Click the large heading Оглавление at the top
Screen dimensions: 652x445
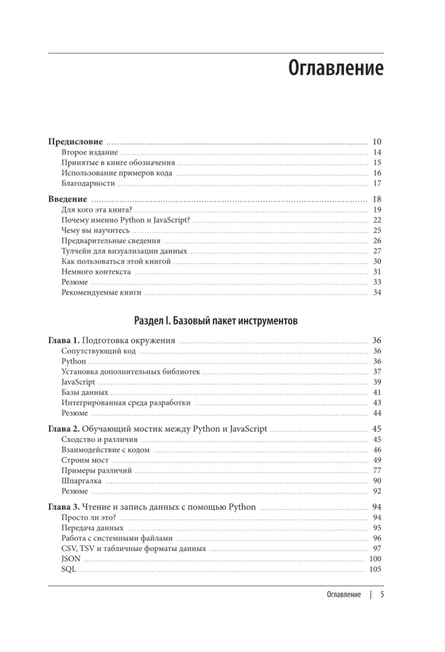coord(335,68)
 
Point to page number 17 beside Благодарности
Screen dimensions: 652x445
coord(376,183)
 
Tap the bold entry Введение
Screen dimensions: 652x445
coord(68,199)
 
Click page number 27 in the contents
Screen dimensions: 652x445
coord(376,251)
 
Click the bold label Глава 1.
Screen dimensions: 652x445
coord(64,340)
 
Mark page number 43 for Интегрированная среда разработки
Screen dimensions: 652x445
coord(376,403)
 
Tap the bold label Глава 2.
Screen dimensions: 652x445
coord(64,429)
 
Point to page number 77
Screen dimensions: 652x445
coord(376,470)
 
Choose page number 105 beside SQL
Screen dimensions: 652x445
coord(375,569)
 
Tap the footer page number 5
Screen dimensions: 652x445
coord(383,595)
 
